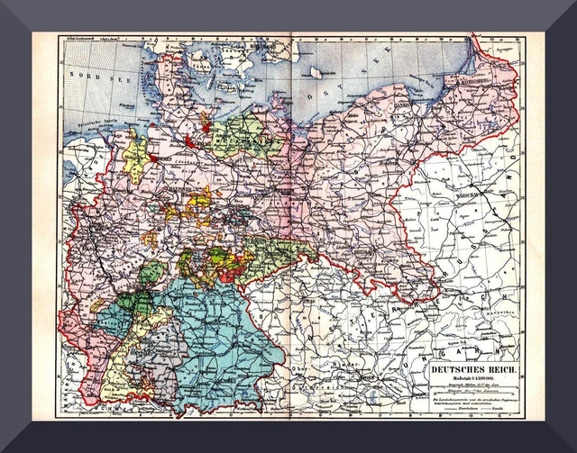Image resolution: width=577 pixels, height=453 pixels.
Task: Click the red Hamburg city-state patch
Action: pyautogui.click(x=190, y=140)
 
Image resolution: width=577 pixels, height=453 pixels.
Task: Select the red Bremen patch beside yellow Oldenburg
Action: pyautogui.click(x=152, y=159)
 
